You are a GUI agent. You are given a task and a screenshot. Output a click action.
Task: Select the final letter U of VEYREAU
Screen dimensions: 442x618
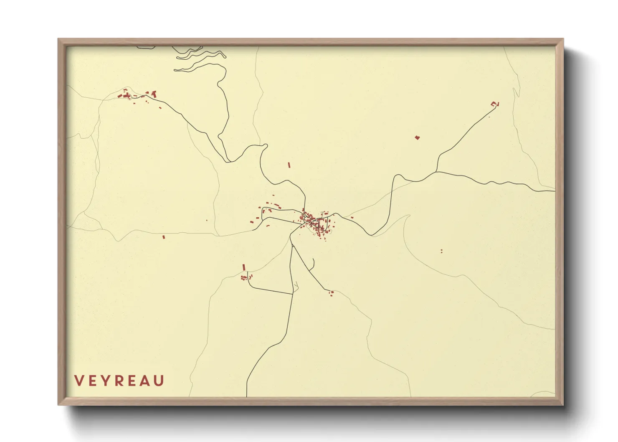pyautogui.click(x=159, y=381)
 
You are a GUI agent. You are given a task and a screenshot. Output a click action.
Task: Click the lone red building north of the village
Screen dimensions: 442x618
pyautogui.click(x=289, y=165)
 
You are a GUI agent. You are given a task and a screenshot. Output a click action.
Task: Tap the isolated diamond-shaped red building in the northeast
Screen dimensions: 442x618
pyautogui.click(x=417, y=137)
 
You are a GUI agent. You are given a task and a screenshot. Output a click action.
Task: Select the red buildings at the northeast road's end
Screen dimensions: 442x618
pyautogui.click(x=495, y=104)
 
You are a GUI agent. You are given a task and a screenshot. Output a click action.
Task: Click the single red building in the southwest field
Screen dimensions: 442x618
pyautogui.click(x=164, y=237)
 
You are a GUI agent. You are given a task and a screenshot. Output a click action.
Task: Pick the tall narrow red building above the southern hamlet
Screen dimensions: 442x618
pyautogui.click(x=244, y=267)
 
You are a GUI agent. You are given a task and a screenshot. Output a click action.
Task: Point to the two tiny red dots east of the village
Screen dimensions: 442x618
pyautogui.click(x=441, y=251)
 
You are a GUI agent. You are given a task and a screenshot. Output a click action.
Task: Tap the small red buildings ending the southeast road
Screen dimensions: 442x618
pyautogui.click(x=332, y=293)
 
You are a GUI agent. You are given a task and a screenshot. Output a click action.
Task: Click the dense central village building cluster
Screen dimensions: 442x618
pyautogui.click(x=317, y=223)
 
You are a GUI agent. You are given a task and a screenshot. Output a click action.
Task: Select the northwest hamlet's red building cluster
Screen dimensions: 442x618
pyautogui.click(x=138, y=95)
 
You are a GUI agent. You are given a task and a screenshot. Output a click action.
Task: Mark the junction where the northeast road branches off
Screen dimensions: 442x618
pyautogui.click(x=436, y=172)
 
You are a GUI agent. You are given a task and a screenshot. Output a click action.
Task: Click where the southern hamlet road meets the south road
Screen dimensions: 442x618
pyautogui.click(x=292, y=294)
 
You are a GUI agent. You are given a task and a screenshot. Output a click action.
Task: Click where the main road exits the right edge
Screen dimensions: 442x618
pyautogui.click(x=555, y=191)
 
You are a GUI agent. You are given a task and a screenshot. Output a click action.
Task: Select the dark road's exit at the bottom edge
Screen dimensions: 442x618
pyautogui.click(x=247, y=396)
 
